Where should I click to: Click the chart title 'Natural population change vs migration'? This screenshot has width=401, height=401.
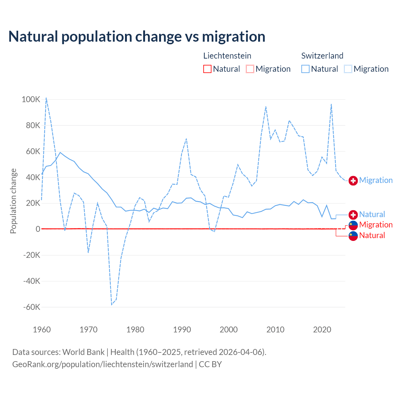pyautogui.click(x=137, y=37)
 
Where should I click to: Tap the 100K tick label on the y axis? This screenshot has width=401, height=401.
pyautogui.click(x=31, y=100)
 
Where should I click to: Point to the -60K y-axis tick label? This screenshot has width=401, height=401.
pyautogui.click(x=32, y=307)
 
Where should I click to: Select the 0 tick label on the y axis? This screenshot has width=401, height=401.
pyautogui.click(x=38, y=229)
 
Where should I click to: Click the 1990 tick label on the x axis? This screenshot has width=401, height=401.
pyautogui.click(x=182, y=330)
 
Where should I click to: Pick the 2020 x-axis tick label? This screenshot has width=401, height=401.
pyautogui.click(x=322, y=330)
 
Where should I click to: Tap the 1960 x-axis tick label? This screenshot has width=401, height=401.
pyautogui.click(x=42, y=330)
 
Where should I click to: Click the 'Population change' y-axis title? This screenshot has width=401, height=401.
pyautogui.click(x=13, y=201)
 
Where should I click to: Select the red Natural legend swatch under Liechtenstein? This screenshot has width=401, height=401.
pyautogui.click(x=207, y=69)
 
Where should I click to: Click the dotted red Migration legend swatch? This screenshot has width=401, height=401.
pyautogui.click(x=250, y=69)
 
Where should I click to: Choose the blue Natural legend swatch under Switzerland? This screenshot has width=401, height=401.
pyautogui.click(x=305, y=69)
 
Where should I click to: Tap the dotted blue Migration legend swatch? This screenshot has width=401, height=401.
pyautogui.click(x=348, y=69)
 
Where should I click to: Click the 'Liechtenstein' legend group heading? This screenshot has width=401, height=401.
pyautogui.click(x=227, y=56)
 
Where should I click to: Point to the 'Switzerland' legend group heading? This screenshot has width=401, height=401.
pyautogui.click(x=322, y=56)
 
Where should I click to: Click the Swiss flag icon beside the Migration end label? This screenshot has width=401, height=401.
pyautogui.click(x=353, y=181)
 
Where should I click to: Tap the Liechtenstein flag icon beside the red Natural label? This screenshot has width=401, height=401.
pyautogui.click(x=353, y=236)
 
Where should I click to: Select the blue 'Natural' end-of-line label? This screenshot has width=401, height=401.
pyautogui.click(x=372, y=215)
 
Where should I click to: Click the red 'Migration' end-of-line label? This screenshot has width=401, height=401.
pyautogui.click(x=376, y=225)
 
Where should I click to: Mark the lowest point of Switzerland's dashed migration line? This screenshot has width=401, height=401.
pyautogui.click(x=112, y=305)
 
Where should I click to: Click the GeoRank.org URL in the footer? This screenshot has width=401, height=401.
pyautogui.click(x=102, y=364)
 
